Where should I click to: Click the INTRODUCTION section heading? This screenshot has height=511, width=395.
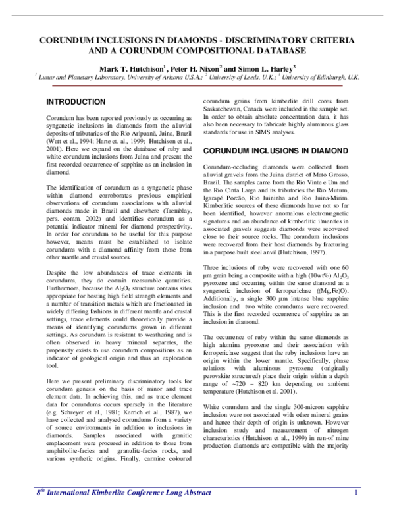tap(75, 102)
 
